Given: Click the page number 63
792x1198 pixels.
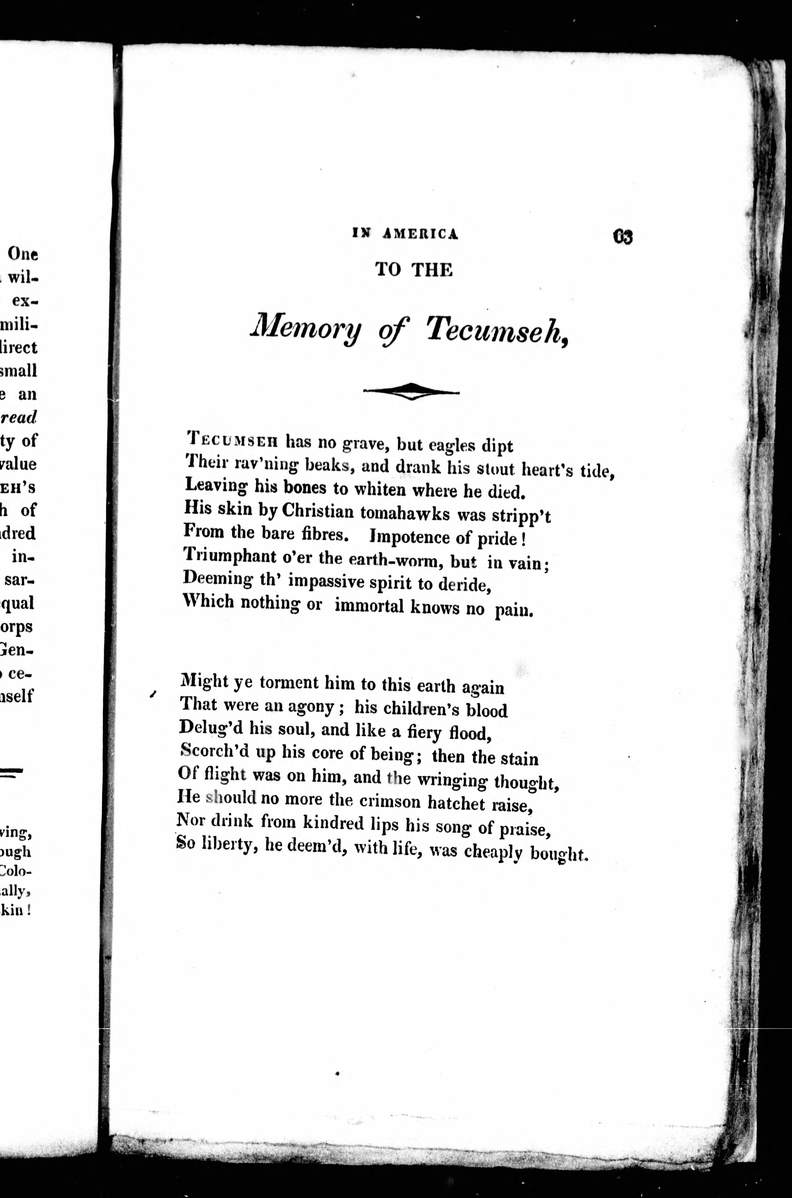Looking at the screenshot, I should pos(622,237).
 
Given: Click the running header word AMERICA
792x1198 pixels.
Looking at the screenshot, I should pos(420,234).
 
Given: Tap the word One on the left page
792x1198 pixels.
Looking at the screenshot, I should pos(23,254).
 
